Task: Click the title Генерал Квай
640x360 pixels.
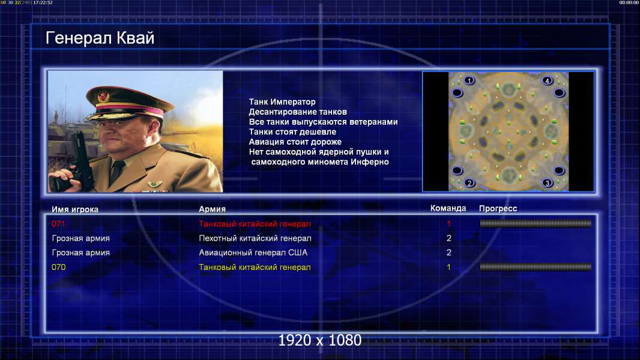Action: point(100,38)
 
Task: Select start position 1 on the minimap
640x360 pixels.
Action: point(469,80)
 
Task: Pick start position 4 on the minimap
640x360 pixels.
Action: point(548,80)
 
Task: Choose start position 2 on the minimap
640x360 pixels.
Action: point(469,182)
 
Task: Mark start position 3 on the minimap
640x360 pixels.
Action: point(548,182)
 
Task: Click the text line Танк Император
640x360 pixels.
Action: point(282,102)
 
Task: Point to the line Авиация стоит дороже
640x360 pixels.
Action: point(295,142)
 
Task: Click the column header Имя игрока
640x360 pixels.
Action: point(75,209)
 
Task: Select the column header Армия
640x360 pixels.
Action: point(213,209)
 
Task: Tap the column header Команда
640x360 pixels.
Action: point(448,208)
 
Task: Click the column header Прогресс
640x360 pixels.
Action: point(498,209)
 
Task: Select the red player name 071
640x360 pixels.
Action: point(58,224)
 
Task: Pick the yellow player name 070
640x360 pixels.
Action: point(58,268)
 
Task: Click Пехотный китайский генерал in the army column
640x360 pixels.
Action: point(255,239)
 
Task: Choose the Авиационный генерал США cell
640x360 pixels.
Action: point(253,253)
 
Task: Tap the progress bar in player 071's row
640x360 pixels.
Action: point(536,223)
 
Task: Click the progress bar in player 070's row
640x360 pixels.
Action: point(536,267)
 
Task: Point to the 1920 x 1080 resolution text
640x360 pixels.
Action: point(320,340)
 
